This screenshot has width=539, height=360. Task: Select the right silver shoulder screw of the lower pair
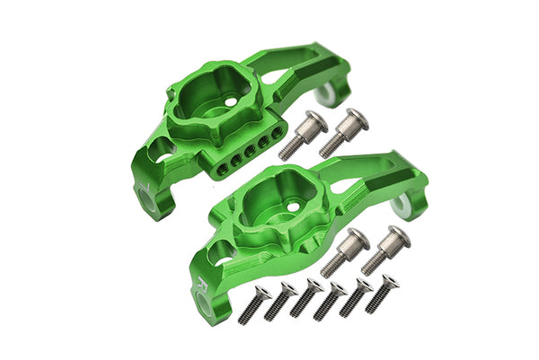tap(384, 249)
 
